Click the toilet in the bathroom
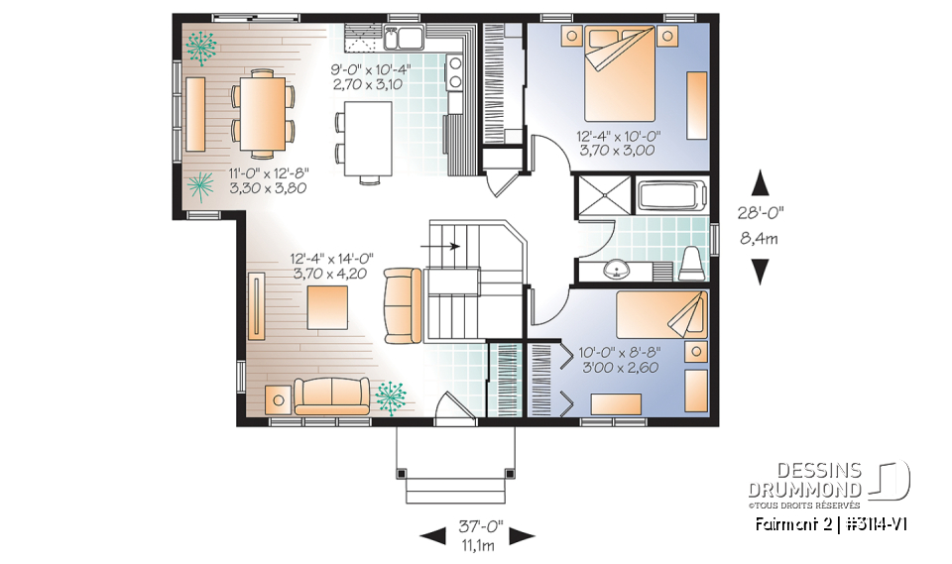692,261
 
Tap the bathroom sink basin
616,267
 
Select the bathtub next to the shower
670,194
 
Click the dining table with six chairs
264,113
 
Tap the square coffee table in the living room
327,306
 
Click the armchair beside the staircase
403,304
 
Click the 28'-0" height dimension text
761,211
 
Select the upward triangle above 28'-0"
761,182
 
